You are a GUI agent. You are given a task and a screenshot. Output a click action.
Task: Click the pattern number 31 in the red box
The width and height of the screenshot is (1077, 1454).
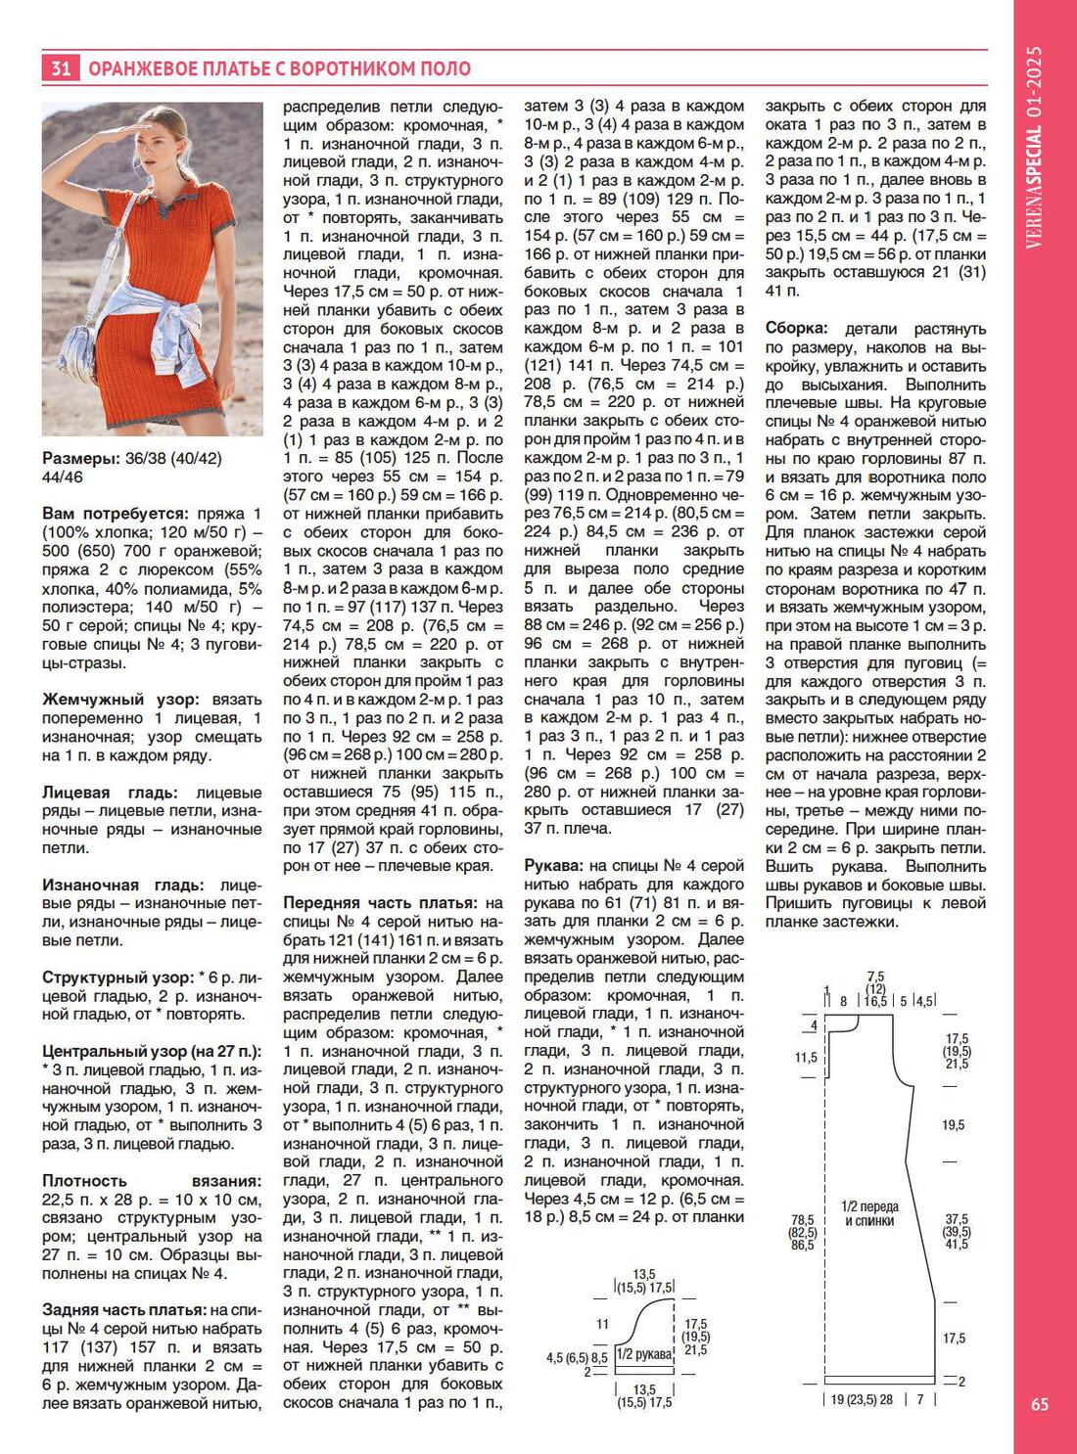pos(60,68)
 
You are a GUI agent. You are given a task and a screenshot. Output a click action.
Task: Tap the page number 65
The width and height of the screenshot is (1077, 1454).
pos(1040,1404)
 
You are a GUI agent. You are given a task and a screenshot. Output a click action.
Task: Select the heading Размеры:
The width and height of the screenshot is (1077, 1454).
pos(80,459)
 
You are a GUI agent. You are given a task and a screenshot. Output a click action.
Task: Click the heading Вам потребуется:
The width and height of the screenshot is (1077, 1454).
pos(116,515)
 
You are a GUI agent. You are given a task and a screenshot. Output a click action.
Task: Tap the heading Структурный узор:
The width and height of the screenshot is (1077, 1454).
pos(117,977)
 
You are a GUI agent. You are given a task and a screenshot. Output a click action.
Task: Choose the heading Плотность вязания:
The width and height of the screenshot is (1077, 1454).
pos(152,1181)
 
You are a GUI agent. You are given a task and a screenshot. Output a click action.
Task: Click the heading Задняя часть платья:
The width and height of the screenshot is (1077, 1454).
pos(124,1310)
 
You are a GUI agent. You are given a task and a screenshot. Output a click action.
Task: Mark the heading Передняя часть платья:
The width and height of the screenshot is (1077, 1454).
pos(380,903)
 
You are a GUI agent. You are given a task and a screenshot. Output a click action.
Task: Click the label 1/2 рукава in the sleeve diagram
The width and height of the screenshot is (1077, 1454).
pos(644,1355)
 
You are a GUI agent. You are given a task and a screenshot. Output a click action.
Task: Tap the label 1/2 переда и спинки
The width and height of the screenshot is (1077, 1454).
pos(869,1213)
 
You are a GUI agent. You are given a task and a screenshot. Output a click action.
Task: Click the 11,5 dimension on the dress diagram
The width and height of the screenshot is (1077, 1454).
pos(806,1058)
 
